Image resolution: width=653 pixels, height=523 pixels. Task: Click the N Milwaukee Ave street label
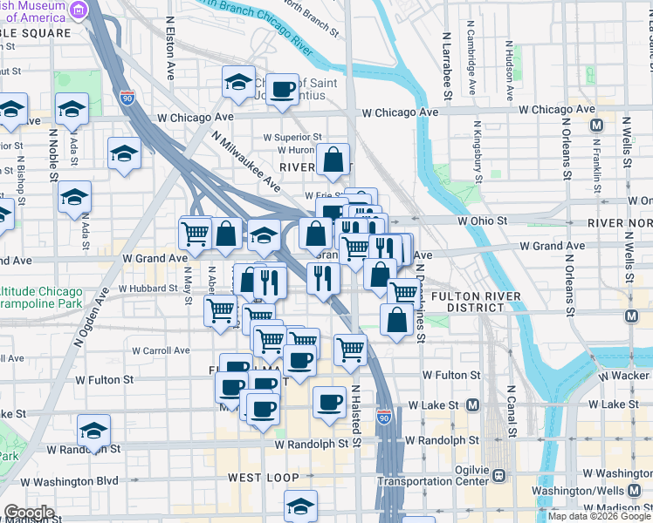[x=246, y=162]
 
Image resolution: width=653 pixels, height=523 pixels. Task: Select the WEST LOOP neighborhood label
[x=264, y=478]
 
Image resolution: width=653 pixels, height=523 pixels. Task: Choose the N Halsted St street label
[x=355, y=414]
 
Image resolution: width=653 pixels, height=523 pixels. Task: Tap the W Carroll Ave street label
[x=161, y=350]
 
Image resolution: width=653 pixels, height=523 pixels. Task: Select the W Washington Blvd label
[x=70, y=480]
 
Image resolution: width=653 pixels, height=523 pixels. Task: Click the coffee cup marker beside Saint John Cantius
[x=281, y=89]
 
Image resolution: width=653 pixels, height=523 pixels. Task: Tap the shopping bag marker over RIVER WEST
[x=333, y=160]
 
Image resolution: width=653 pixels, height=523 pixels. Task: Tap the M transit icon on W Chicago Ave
[x=597, y=126]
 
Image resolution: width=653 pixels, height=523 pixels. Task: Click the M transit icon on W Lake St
[x=472, y=404]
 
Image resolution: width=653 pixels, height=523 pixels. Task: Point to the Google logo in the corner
[x=28, y=513]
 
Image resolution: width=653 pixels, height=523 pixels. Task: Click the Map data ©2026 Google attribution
[x=599, y=516]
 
